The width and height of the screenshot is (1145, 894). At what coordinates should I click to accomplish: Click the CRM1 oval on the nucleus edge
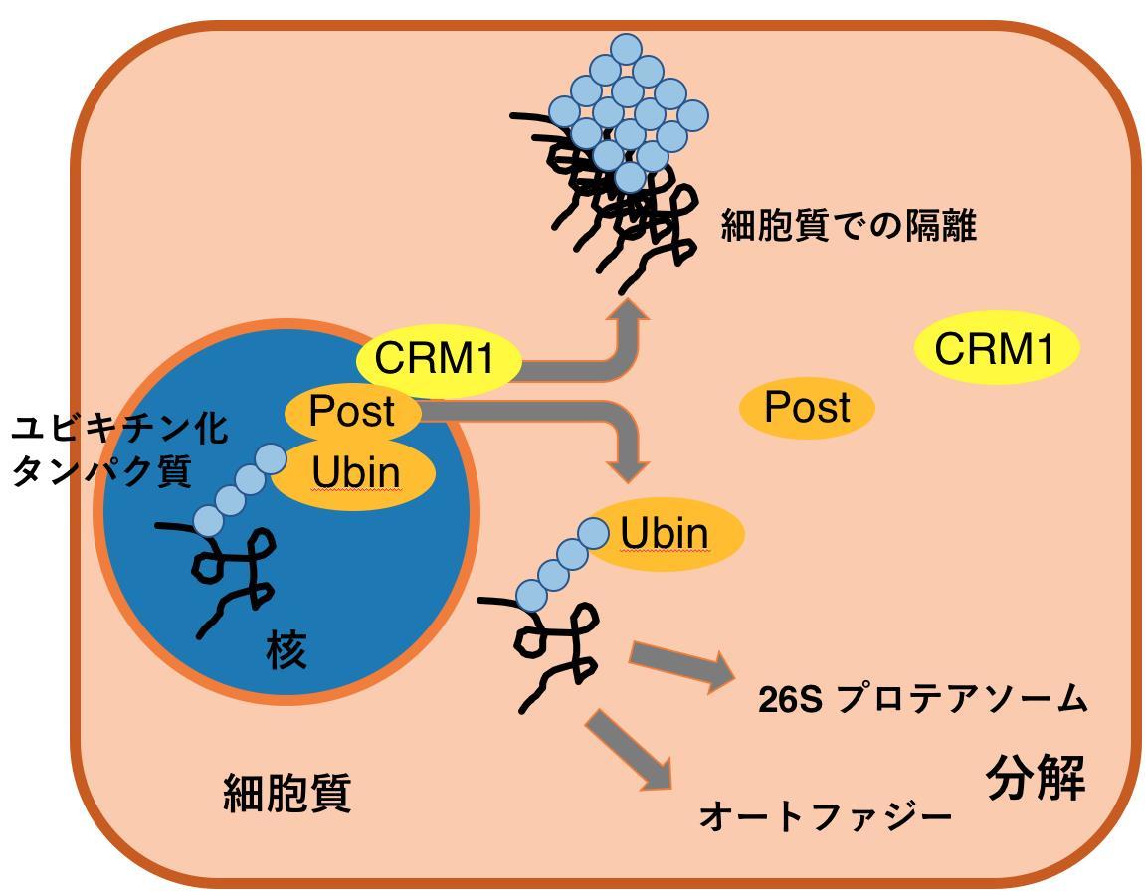438,359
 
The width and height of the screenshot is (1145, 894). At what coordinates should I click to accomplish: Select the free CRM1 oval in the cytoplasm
995,349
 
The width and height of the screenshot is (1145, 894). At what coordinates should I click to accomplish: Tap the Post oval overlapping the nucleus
352,411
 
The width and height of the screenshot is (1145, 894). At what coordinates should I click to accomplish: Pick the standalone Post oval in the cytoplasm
807,408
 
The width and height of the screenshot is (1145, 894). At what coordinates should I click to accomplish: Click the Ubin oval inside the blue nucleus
356,474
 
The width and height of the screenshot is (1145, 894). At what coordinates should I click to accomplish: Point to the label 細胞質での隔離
849,227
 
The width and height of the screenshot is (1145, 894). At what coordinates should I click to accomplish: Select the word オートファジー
826,816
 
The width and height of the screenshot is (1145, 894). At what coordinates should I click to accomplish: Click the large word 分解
1035,778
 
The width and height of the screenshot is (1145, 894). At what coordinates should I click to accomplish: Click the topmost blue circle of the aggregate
627,48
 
